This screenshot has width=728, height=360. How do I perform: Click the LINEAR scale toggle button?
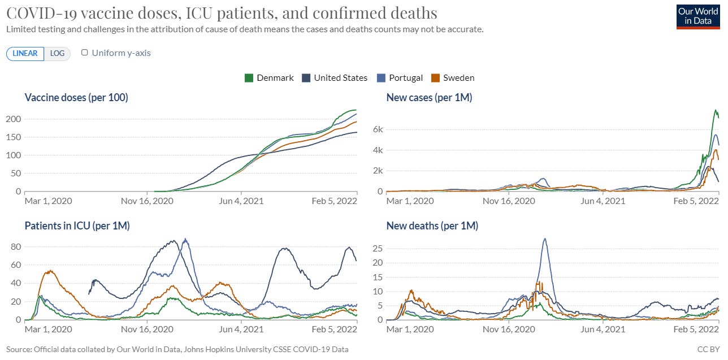coord(25,54)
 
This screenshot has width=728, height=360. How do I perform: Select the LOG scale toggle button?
coord(57,54)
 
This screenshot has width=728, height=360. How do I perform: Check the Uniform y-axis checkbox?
coord(85,53)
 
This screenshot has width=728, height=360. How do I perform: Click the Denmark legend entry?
coord(269,78)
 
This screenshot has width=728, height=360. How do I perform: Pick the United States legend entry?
coord(335,78)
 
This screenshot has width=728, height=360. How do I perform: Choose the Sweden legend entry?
coord(453,78)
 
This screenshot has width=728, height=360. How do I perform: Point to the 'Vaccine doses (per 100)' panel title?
coord(76,98)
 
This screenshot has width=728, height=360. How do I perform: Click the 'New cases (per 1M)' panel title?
coord(429,98)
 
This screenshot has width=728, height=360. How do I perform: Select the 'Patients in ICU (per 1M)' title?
coord(77,226)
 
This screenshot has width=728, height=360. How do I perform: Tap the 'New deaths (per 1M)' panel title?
coord(432,226)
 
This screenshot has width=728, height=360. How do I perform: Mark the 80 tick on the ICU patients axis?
coord(15,247)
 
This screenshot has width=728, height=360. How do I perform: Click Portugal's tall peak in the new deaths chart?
coord(544,238)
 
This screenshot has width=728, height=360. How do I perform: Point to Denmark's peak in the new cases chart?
coord(716,110)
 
